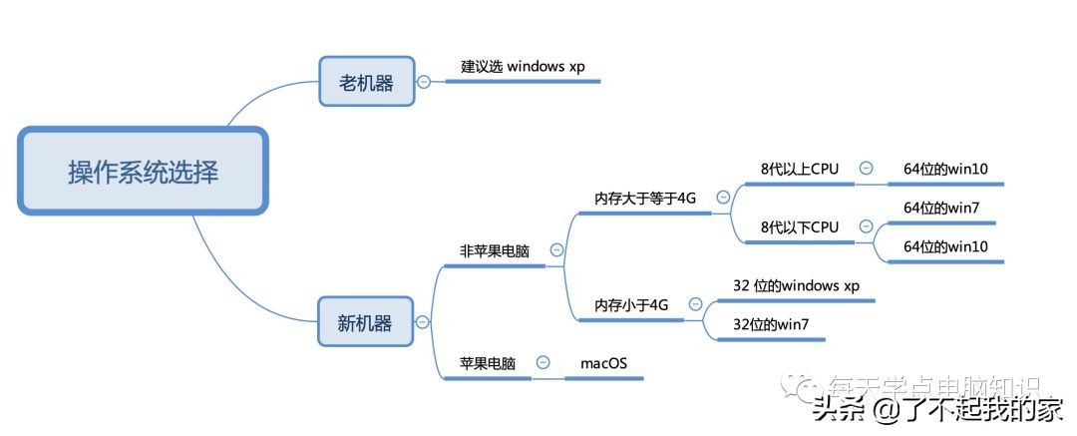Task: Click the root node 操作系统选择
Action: point(143,171)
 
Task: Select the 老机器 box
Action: point(366,82)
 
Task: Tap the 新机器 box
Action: point(364,322)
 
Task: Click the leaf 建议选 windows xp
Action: point(523,67)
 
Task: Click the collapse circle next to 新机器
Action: point(423,322)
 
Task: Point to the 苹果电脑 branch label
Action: point(487,363)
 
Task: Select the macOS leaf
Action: point(604,363)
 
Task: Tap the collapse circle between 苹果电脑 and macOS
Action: point(542,363)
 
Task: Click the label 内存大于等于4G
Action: point(645,198)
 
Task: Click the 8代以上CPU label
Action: point(799,169)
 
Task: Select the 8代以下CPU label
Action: point(799,227)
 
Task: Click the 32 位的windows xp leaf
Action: point(796,285)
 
